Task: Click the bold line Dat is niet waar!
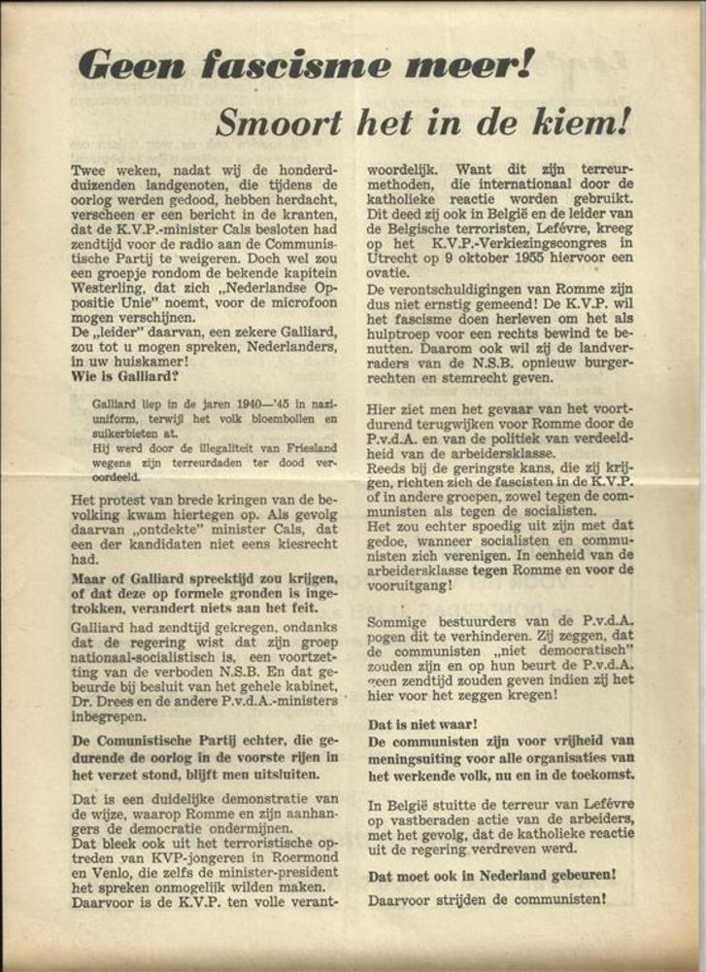point(421,724)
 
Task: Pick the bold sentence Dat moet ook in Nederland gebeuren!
point(491,875)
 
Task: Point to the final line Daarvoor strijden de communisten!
point(487,900)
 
